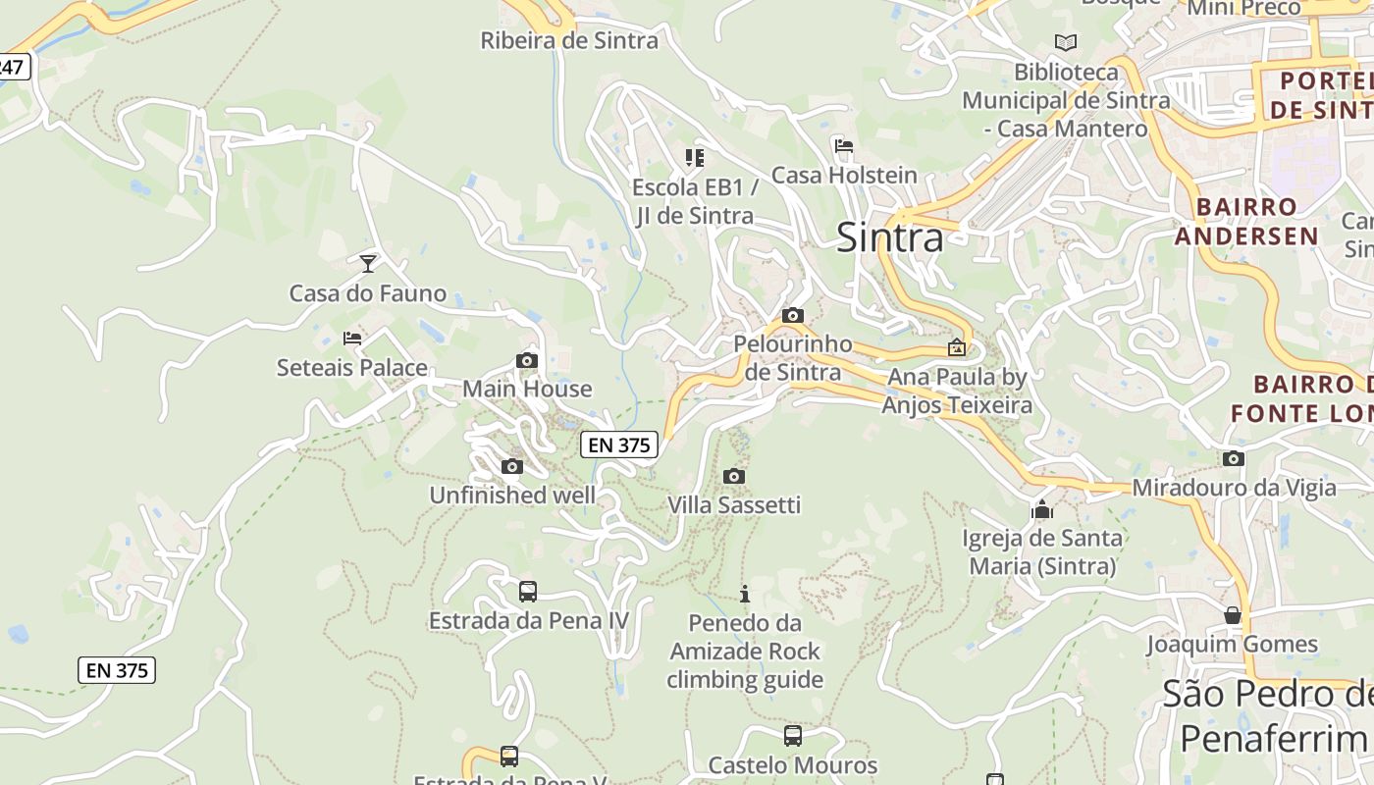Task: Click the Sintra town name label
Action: (889, 237)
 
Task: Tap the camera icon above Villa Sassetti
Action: (733, 477)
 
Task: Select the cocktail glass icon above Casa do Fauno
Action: (368, 263)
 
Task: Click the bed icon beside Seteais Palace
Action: (352, 339)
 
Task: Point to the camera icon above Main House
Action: (527, 361)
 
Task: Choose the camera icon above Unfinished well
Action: (512, 467)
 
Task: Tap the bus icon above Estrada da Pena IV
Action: (528, 592)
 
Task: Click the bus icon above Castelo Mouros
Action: (793, 735)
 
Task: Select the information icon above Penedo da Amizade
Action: (745, 594)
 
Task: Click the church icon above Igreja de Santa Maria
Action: (1041, 509)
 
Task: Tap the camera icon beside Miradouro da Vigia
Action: (1234, 458)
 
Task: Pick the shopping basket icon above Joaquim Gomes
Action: (1233, 615)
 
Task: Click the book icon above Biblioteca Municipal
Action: (1065, 42)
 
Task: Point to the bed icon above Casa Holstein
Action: (843, 147)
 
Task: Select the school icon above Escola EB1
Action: (695, 157)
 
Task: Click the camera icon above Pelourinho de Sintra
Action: (793, 316)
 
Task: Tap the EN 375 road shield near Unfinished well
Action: (618, 445)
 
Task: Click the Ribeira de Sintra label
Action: (569, 40)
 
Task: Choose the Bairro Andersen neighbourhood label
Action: (1246, 222)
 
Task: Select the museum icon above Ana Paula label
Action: (956, 347)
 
